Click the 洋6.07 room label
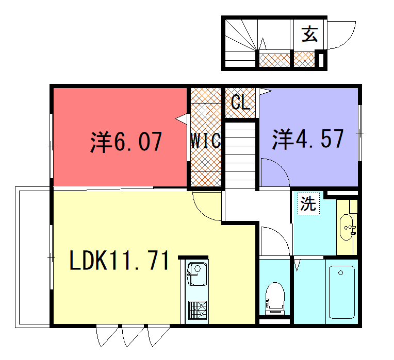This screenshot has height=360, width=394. pyautogui.click(x=126, y=142)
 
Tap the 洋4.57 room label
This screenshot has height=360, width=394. pyautogui.click(x=308, y=139)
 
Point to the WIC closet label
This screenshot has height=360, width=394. pyautogui.click(x=206, y=141)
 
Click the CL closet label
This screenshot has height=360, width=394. pyautogui.click(x=240, y=102)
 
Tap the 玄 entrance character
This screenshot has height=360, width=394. pyautogui.click(x=309, y=34)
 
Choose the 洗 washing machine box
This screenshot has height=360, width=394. pyautogui.click(x=308, y=203)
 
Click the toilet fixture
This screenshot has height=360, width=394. pyautogui.click(x=275, y=298)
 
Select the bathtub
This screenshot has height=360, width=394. pyautogui.click(x=342, y=292)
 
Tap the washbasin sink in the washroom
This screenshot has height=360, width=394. pyautogui.click(x=347, y=227)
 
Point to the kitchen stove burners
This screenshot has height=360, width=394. pyautogui.click(x=198, y=310)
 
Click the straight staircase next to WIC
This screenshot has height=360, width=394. pyautogui.click(x=240, y=156)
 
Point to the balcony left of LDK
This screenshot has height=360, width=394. pyautogui.click(x=32, y=257)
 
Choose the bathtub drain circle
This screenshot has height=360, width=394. pyautogui.click(x=341, y=272)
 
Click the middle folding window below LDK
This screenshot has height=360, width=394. pyautogui.click(x=133, y=336)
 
